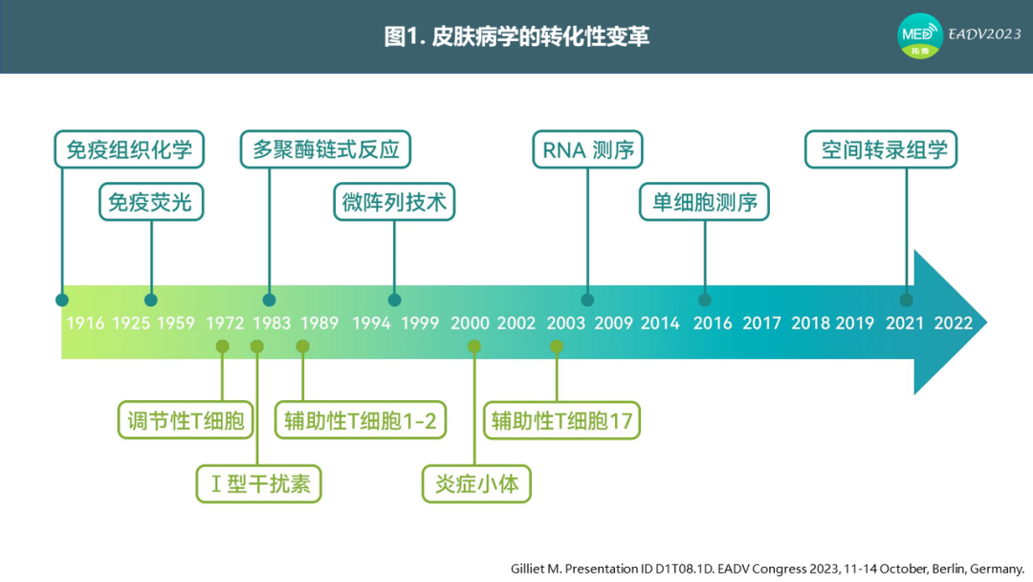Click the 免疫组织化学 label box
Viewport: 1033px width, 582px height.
click(x=129, y=149)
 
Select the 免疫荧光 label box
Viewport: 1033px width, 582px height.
click(x=151, y=202)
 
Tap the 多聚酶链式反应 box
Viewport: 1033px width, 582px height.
click(x=325, y=149)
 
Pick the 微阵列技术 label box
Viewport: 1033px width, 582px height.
click(x=394, y=202)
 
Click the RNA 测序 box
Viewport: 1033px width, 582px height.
click(x=587, y=149)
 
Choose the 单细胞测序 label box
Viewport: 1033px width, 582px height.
click(x=704, y=202)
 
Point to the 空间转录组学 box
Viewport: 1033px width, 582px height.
click(x=881, y=149)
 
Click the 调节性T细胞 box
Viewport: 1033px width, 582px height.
click(x=186, y=420)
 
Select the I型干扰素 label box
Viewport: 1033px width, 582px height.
click(x=259, y=483)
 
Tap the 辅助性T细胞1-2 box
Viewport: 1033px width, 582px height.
click(x=361, y=420)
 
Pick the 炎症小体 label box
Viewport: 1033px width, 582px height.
click(x=476, y=483)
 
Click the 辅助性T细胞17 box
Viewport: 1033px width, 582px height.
click(x=562, y=420)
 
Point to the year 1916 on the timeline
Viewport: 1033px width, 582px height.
click(x=85, y=323)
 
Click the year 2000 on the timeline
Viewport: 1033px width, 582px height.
click(x=470, y=323)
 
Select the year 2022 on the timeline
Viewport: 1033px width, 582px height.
click(x=954, y=323)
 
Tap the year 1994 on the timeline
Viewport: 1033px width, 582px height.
click(x=371, y=323)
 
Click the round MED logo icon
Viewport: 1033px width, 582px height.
click(x=920, y=35)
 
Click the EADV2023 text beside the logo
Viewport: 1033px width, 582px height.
click(x=984, y=34)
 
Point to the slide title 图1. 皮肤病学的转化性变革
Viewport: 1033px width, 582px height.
click(x=516, y=36)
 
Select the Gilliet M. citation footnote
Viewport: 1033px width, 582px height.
click(x=767, y=569)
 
